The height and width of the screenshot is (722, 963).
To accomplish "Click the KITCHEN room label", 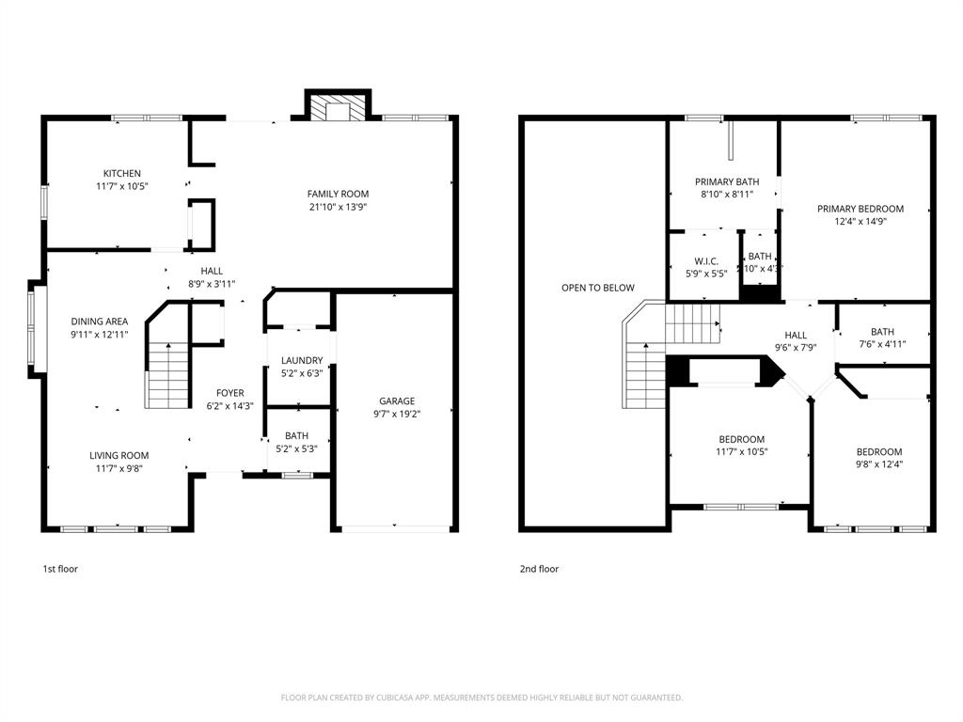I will coord(122,173).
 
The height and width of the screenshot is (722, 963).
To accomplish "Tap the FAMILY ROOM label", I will coord(338,194).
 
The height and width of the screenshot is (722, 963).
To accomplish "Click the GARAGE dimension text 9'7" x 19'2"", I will coord(396,414).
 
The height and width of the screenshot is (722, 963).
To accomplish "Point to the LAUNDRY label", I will coord(301,360).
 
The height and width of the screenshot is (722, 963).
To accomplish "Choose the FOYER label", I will coord(229,393).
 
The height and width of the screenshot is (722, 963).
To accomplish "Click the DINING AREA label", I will coord(99,322).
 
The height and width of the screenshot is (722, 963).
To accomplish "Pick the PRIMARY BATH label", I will coord(727,181).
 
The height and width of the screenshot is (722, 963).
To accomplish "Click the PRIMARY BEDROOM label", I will coord(860,209).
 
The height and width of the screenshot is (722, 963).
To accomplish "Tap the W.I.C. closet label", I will coord(706,260).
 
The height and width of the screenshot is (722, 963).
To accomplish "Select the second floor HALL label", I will coord(796,335).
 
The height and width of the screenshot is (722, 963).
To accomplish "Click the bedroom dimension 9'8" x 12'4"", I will coord(878,464).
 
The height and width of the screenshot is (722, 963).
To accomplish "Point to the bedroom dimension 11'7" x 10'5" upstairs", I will coord(741,452).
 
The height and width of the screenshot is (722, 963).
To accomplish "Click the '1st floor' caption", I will coord(60,569).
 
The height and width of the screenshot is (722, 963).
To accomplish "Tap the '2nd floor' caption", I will coord(539,569).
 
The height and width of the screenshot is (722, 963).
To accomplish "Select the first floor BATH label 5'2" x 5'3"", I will coord(296,435).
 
